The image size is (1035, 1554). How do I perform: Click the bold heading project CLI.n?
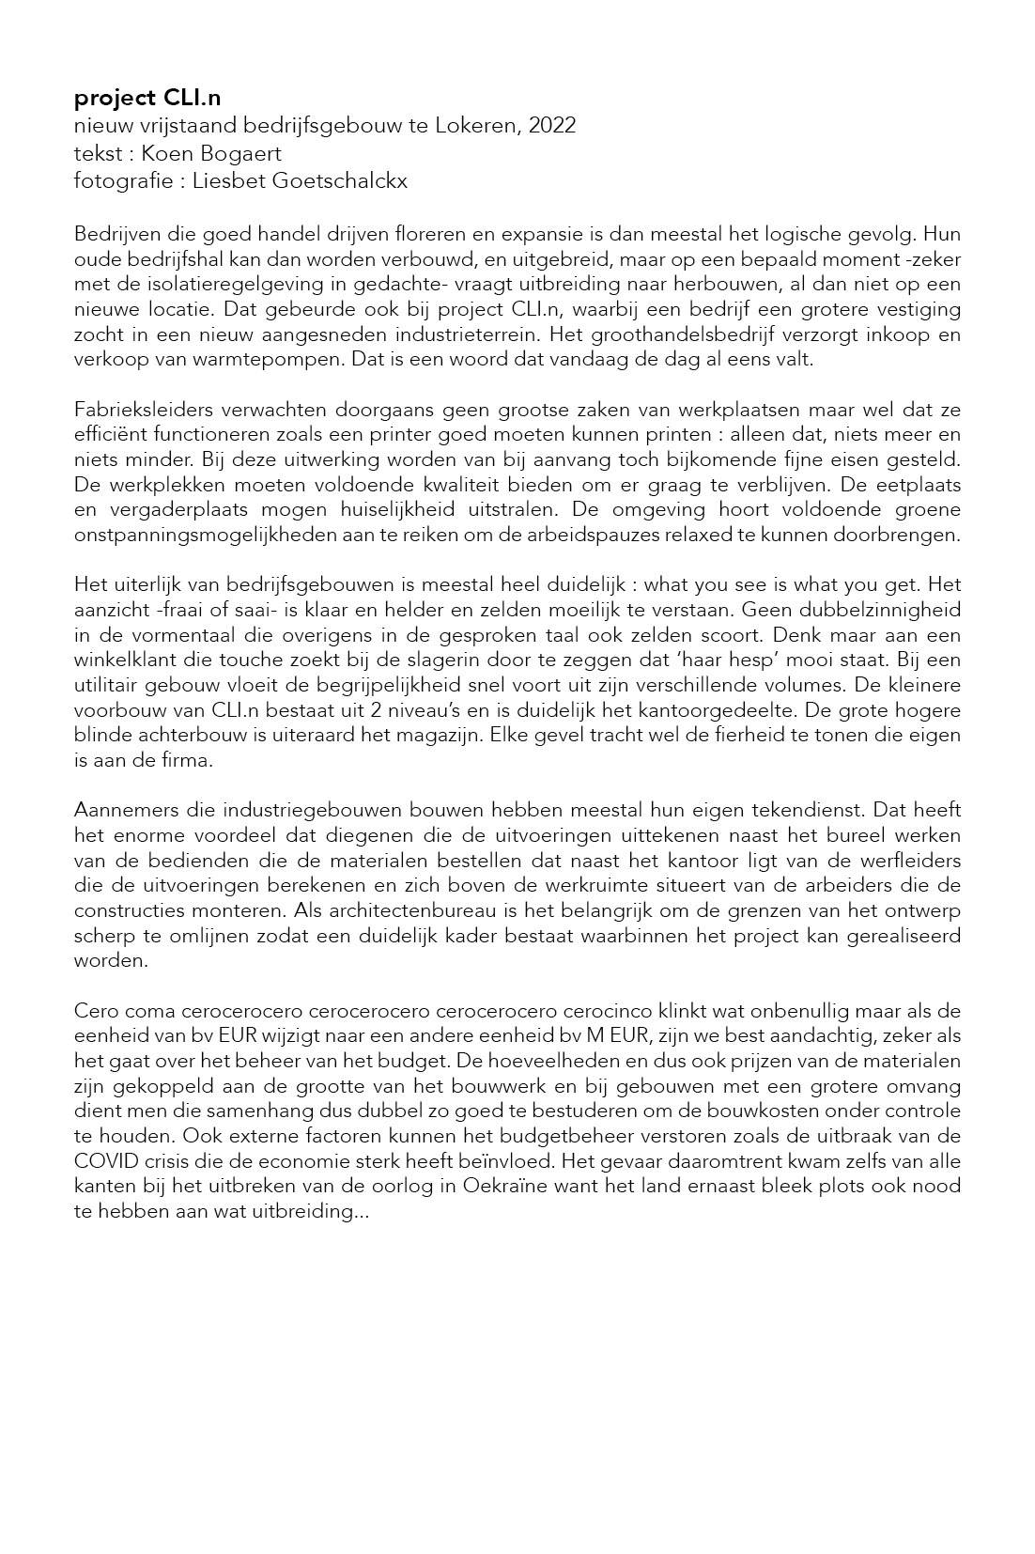147,99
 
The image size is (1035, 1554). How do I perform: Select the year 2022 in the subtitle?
552,126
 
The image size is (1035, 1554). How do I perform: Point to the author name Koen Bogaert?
211,153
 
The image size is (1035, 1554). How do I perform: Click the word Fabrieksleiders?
142,410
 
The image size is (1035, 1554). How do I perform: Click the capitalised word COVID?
101,1161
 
